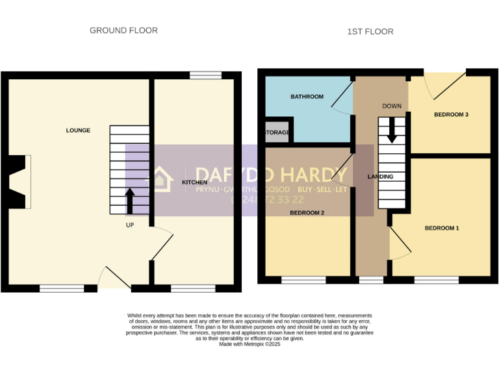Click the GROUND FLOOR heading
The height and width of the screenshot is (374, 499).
coord(123,31)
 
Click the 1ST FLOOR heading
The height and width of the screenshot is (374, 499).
coord(370,31)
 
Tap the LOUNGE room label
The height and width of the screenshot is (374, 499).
coord(78,131)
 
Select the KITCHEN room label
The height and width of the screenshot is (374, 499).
coord(194,182)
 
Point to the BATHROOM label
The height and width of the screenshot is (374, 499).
coord(307,97)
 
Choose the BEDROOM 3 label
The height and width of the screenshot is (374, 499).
coord(451,115)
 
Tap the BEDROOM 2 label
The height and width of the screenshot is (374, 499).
coord(307,212)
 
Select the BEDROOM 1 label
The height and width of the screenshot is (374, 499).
coord(442,228)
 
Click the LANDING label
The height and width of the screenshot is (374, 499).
coord(380,177)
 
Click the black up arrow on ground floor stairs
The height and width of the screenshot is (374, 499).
coord(129,201)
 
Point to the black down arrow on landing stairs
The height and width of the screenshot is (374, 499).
coord(392,132)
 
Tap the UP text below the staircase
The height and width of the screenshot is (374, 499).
coord(130,225)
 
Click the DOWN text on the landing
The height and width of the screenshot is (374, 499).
coord(392,106)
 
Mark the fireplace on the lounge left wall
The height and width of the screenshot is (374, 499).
coord(19,181)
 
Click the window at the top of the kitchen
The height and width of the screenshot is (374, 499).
coord(205,76)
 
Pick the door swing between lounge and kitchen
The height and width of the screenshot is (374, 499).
coord(162,243)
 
